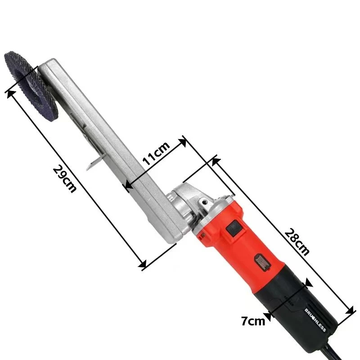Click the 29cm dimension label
pyautogui.click(x=64, y=179)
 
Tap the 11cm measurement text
pyautogui.click(x=156, y=153)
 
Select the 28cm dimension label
pyautogui.click(x=297, y=242)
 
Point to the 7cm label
pyautogui.click(x=253, y=321)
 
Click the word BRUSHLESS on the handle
pyautogui.click(x=315, y=320)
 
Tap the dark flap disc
pyautogui.click(x=31, y=86)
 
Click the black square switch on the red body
pyautogui.click(x=234, y=228)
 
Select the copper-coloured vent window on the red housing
pyautogui.click(x=263, y=263)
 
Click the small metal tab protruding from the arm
pyautogui.click(x=94, y=162)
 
